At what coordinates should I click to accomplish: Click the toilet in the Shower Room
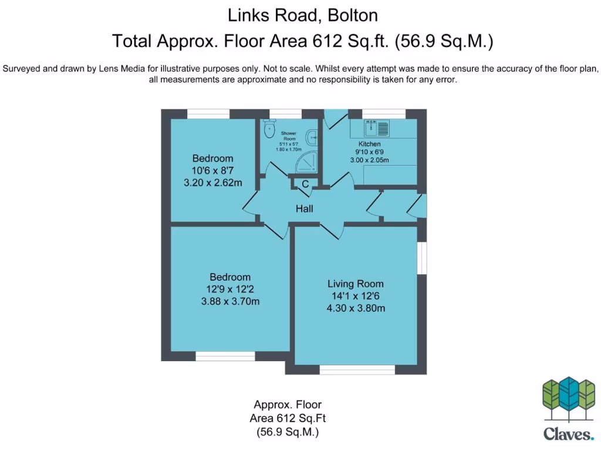point(269,129)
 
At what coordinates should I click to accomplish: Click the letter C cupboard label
point(305,184)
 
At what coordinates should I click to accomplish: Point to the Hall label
point(304,208)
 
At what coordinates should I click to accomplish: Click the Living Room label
point(355,284)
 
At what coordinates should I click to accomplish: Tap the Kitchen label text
point(370,144)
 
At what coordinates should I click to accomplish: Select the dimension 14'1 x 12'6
point(355,297)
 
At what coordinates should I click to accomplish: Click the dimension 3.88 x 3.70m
point(230,302)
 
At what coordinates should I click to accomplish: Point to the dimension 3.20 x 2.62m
point(213,183)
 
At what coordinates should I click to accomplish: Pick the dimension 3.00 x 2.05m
point(370,160)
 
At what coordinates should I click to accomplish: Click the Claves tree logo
point(569,399)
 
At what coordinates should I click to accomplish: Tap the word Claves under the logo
point(568,435)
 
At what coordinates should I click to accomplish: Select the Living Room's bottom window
point(357,369)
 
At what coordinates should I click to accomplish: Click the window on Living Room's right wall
point(422,257)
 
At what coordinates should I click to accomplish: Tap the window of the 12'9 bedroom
point(225,356)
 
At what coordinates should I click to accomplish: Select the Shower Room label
point(288,136)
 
